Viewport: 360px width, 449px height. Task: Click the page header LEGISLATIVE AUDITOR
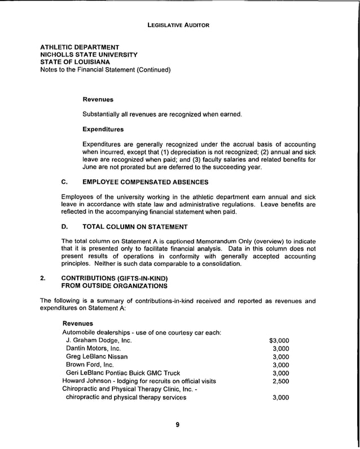(x=178, y=25)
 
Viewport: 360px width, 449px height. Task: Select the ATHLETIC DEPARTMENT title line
(x=80, y=47)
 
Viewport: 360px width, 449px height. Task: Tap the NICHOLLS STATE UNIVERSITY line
(x=89, y=55)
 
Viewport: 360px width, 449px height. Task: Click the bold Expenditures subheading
(x=103, y=130)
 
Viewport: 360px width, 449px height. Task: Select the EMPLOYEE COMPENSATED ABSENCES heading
(x=146, y=182)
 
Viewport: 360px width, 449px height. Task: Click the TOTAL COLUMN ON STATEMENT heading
(x=135, y=227)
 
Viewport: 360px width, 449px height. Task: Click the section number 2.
(x=42, y=278)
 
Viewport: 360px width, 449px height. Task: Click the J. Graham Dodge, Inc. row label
(x=99, y=341)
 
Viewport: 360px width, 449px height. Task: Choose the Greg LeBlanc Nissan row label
(x=96, y=356)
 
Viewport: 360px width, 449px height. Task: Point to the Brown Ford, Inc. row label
(x=90, y=365)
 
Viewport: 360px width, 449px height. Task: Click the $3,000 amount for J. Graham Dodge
(x=279, y=341)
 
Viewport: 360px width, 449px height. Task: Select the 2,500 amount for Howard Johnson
(x=280, y=381)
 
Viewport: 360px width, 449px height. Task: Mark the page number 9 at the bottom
(x=177, y=425)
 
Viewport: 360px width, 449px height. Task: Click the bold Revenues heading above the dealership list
(x=77, y=324)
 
